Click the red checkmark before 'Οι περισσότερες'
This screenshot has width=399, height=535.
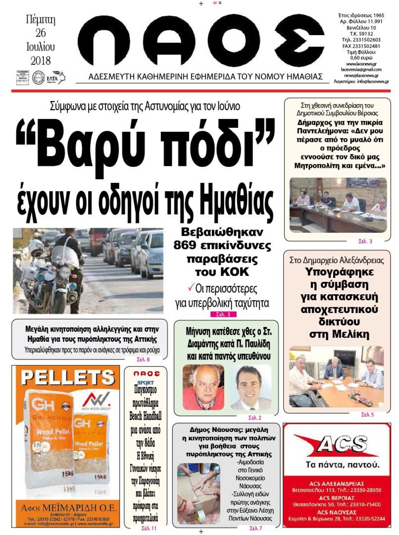(x=191, y=287)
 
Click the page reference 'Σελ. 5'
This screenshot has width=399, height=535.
(x=367, y=414)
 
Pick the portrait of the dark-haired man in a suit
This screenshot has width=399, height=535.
(x=250, y=387)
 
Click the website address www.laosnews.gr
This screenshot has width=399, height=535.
(x=360, y=64)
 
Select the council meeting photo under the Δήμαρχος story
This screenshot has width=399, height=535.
(x=338, y=205)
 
